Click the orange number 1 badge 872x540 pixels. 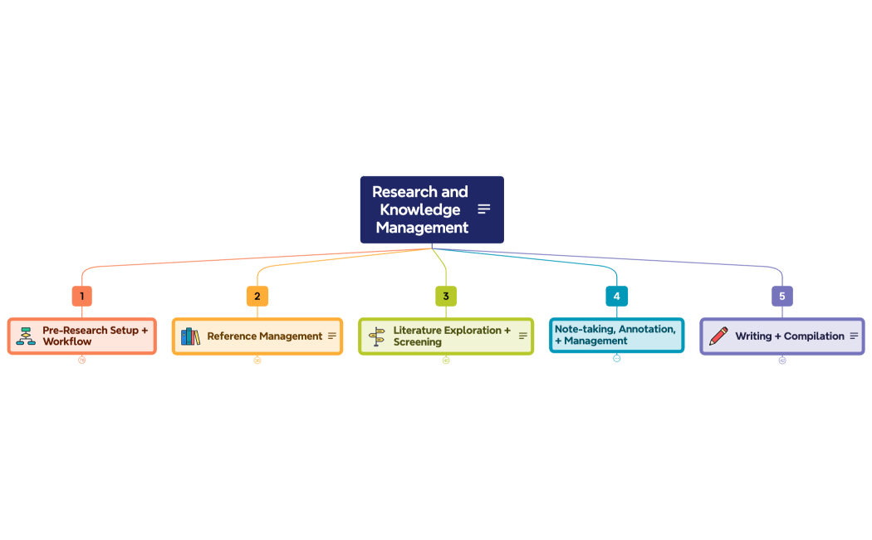[x=81, y=296]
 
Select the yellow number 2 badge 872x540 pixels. [x=257, y=296]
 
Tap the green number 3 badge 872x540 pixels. [x=446, y=296]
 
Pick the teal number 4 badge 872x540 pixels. [x=616, y=296]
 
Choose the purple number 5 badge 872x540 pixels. [x=781, y=296]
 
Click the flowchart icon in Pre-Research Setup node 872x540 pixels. [x=26, y=336]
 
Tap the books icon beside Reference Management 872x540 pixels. [x=190, y=336]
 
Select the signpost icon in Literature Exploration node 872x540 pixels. [x=377, y=336]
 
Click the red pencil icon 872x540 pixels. [x=718, y=336]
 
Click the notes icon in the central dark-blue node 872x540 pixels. [x=484, y=209]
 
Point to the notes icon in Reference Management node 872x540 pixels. [x=332, y=336]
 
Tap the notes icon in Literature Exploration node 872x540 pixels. [x=523, y=336]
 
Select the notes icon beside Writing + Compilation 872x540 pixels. [x=854, y=336]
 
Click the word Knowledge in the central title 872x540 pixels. [x=420, y=209]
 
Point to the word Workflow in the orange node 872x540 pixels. [x=67, y=342]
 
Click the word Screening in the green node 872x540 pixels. [x=418, y=342]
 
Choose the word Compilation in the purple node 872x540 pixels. [x=814, y=336]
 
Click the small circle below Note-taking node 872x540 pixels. [x=616, y=358]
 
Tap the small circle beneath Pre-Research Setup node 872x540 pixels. [x=81, y=360]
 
